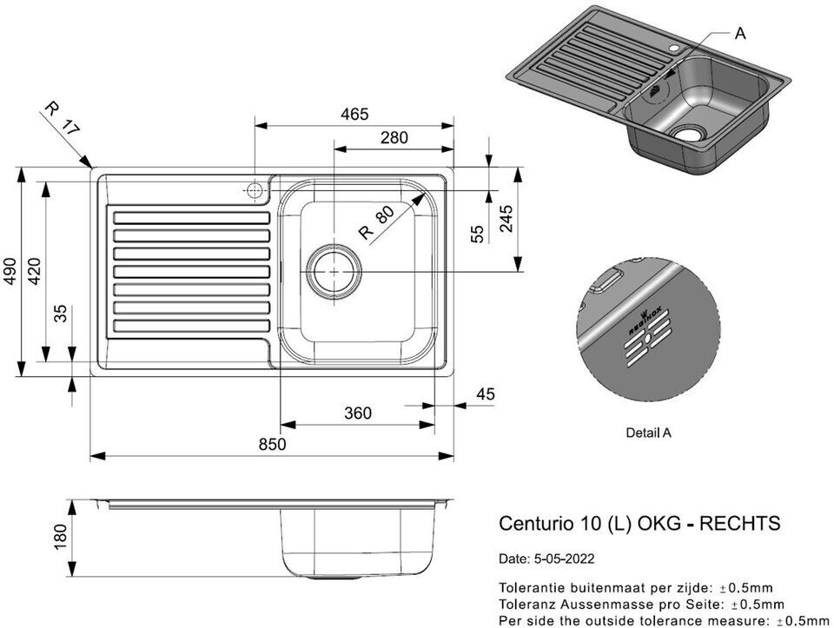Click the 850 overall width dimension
click(272, 444)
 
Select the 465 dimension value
click(354, 114)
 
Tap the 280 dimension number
click(394, 137)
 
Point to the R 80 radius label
click(376, 223)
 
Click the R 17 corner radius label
click(62, 118)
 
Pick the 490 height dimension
click(10, 271)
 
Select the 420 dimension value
click(34, 271)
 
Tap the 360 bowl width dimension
click(357, 413)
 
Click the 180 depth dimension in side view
click(60, 537)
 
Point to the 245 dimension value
click(506, 218)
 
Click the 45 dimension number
click(485, 394)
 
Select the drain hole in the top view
click(334, 271)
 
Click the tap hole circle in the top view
click(255, 190)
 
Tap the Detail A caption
click(648, 433)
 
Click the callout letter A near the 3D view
click(740, 34)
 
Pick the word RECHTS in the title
click(739, 523)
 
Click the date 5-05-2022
click(562, 559)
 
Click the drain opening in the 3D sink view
click(689, 133)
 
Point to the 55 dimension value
click(478, 234)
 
